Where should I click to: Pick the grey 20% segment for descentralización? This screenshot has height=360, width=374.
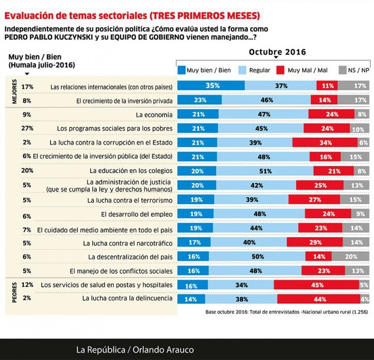(x=351, y=256)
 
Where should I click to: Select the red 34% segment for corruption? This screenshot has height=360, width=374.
(x=325, y=142)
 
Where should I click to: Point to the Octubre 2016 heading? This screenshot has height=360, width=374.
(x=278, y=52)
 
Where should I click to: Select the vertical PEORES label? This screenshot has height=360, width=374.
(x=14, y=291)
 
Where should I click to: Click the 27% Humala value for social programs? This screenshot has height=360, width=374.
(x=27, y=128)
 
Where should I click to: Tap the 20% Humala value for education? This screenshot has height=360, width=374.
(x=27, y=170)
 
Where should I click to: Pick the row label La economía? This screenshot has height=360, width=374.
(x=154, y=114)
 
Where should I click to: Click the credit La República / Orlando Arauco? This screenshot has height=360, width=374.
(x=135, y=350)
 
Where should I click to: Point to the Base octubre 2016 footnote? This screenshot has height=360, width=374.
(x=286, y=312)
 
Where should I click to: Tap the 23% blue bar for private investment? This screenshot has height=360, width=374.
(x=200, y=100)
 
